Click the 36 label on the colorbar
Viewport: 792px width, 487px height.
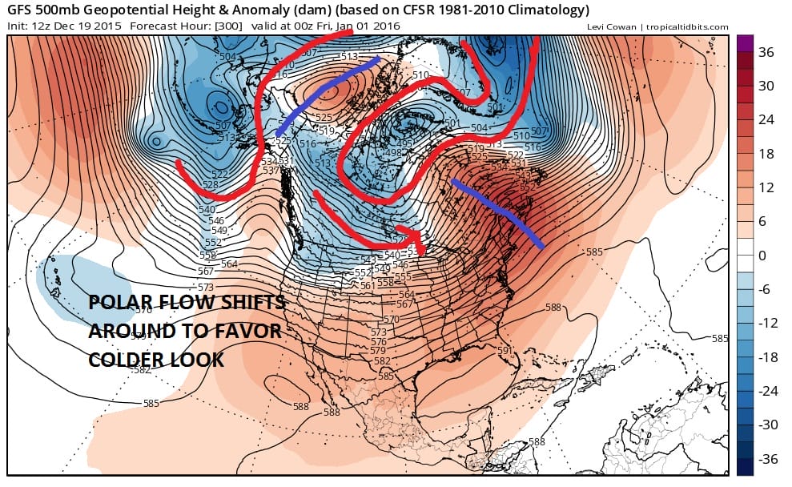765,52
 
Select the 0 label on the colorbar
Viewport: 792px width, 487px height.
762,256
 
